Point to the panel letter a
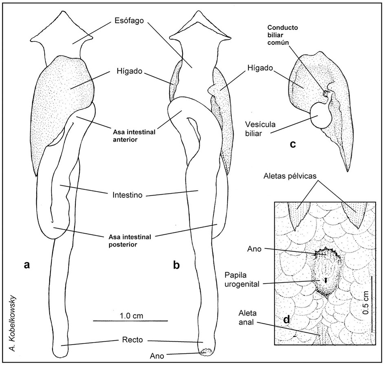[x=27, y=265]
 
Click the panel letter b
[x=176, y=265]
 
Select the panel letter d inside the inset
[x=286, y=320]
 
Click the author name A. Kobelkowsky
[x=15, y=322]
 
